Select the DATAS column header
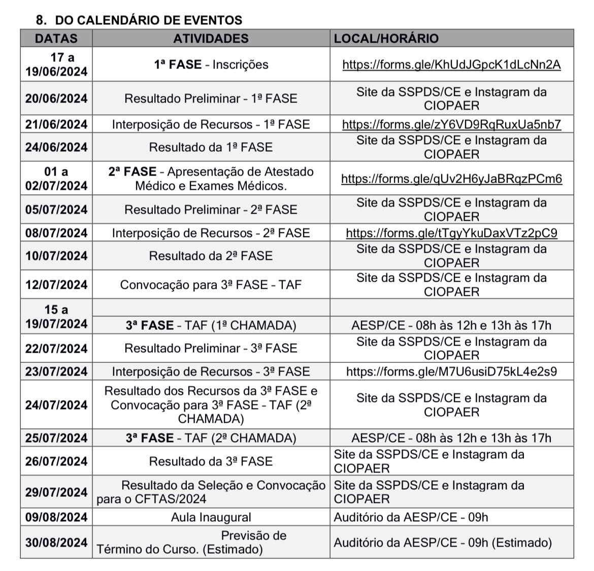(x=56, y=39)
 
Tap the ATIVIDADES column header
(x=211, y=39)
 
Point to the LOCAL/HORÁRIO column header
(x=386, y=39)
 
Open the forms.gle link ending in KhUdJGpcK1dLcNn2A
(x=451, y=64)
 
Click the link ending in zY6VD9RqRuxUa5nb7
(x=451, y=124)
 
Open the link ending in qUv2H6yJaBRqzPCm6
(x=451, y=179)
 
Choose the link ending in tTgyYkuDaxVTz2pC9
(x=451, y=233)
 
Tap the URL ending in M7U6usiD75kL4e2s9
(x=451, y=372)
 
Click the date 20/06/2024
(x=56, y=98)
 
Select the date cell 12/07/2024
(x=56, y=285)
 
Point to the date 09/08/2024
(x=56, y=517)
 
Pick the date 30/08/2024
(x=56, y=543)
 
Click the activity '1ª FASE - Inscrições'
(x=211, y=64)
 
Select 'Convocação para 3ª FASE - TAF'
(x=211, y=285)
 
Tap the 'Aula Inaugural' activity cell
(x=211, y=517)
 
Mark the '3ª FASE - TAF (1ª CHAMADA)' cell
(x=211, y=325)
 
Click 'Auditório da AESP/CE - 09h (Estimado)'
(x=442, y=543)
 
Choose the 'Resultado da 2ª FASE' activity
(x=211, y=256)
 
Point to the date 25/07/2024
(x=56, y=438)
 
